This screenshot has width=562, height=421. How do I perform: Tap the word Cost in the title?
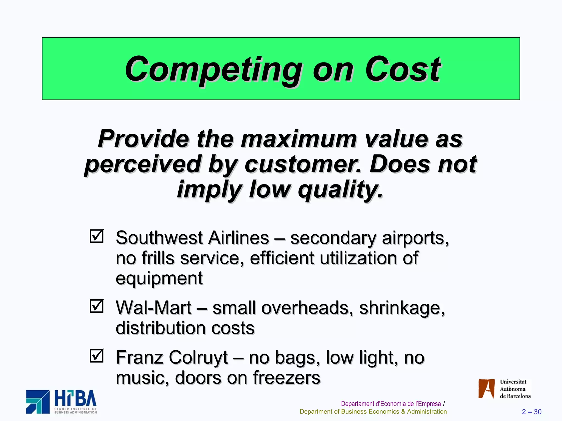[x=403, y=69]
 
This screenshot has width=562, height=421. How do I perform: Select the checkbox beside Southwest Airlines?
[x=97, y=236]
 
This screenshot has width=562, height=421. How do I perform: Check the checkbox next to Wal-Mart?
[x=97, y=306]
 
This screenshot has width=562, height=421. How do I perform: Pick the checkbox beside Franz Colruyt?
[x=97, y=356]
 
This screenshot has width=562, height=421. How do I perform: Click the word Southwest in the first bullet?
[x=159, y=238]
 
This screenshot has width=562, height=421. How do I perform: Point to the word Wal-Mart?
[x=153, y=308]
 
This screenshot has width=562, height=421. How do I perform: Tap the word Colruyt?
[x=198, y=358]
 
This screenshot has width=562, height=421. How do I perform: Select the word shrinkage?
[x=402, y=308]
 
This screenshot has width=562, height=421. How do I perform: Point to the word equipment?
[x=159, y=278]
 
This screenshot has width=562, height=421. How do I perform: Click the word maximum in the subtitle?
[x=299, y=139]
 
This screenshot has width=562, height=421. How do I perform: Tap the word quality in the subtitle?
[x=340, y=190]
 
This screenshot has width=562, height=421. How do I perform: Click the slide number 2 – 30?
[x=532, y=412]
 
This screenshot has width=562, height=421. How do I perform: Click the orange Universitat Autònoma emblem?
[x=486, y=388]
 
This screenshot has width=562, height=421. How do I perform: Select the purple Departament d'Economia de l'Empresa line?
[x=391, y=404]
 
